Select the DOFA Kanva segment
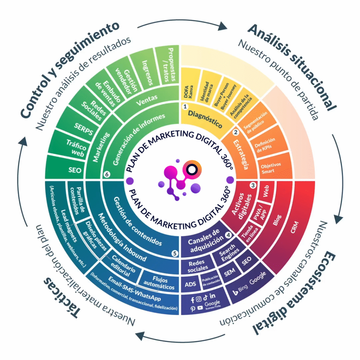(189, 90)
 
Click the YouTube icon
(200, 308)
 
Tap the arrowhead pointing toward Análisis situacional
(223, 26)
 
